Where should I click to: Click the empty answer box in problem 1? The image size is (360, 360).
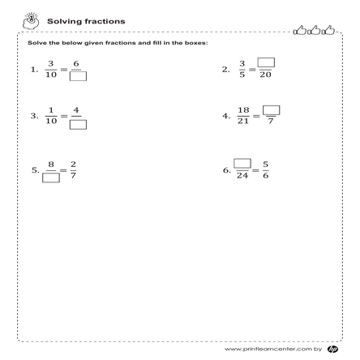coord(79,77)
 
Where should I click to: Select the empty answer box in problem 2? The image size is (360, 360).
coord(265,62)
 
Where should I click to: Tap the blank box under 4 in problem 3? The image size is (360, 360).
coord(79,124)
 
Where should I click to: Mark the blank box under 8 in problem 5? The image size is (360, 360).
coord(51,178)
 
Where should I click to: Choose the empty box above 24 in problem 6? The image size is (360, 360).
coord(242,163)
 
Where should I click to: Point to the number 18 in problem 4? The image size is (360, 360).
coord(243,110)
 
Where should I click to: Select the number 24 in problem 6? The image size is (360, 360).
coord(242,177)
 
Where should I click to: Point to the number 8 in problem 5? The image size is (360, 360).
coord(51,164)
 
